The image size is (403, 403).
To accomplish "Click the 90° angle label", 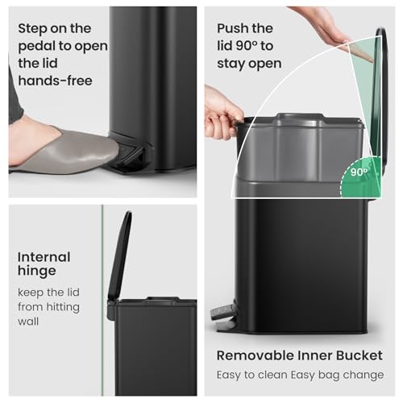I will tap(359, 172).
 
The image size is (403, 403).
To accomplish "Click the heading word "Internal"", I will tap(44, 258).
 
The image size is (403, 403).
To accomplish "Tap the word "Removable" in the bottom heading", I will tap(256, 355).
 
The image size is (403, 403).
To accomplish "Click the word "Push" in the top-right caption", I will tap(234, 28).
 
